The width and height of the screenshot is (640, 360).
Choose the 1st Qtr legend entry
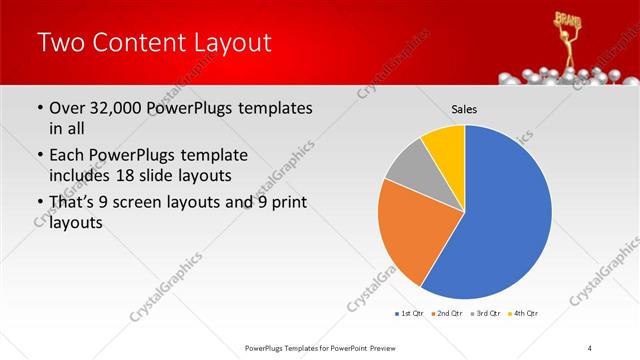409,314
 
